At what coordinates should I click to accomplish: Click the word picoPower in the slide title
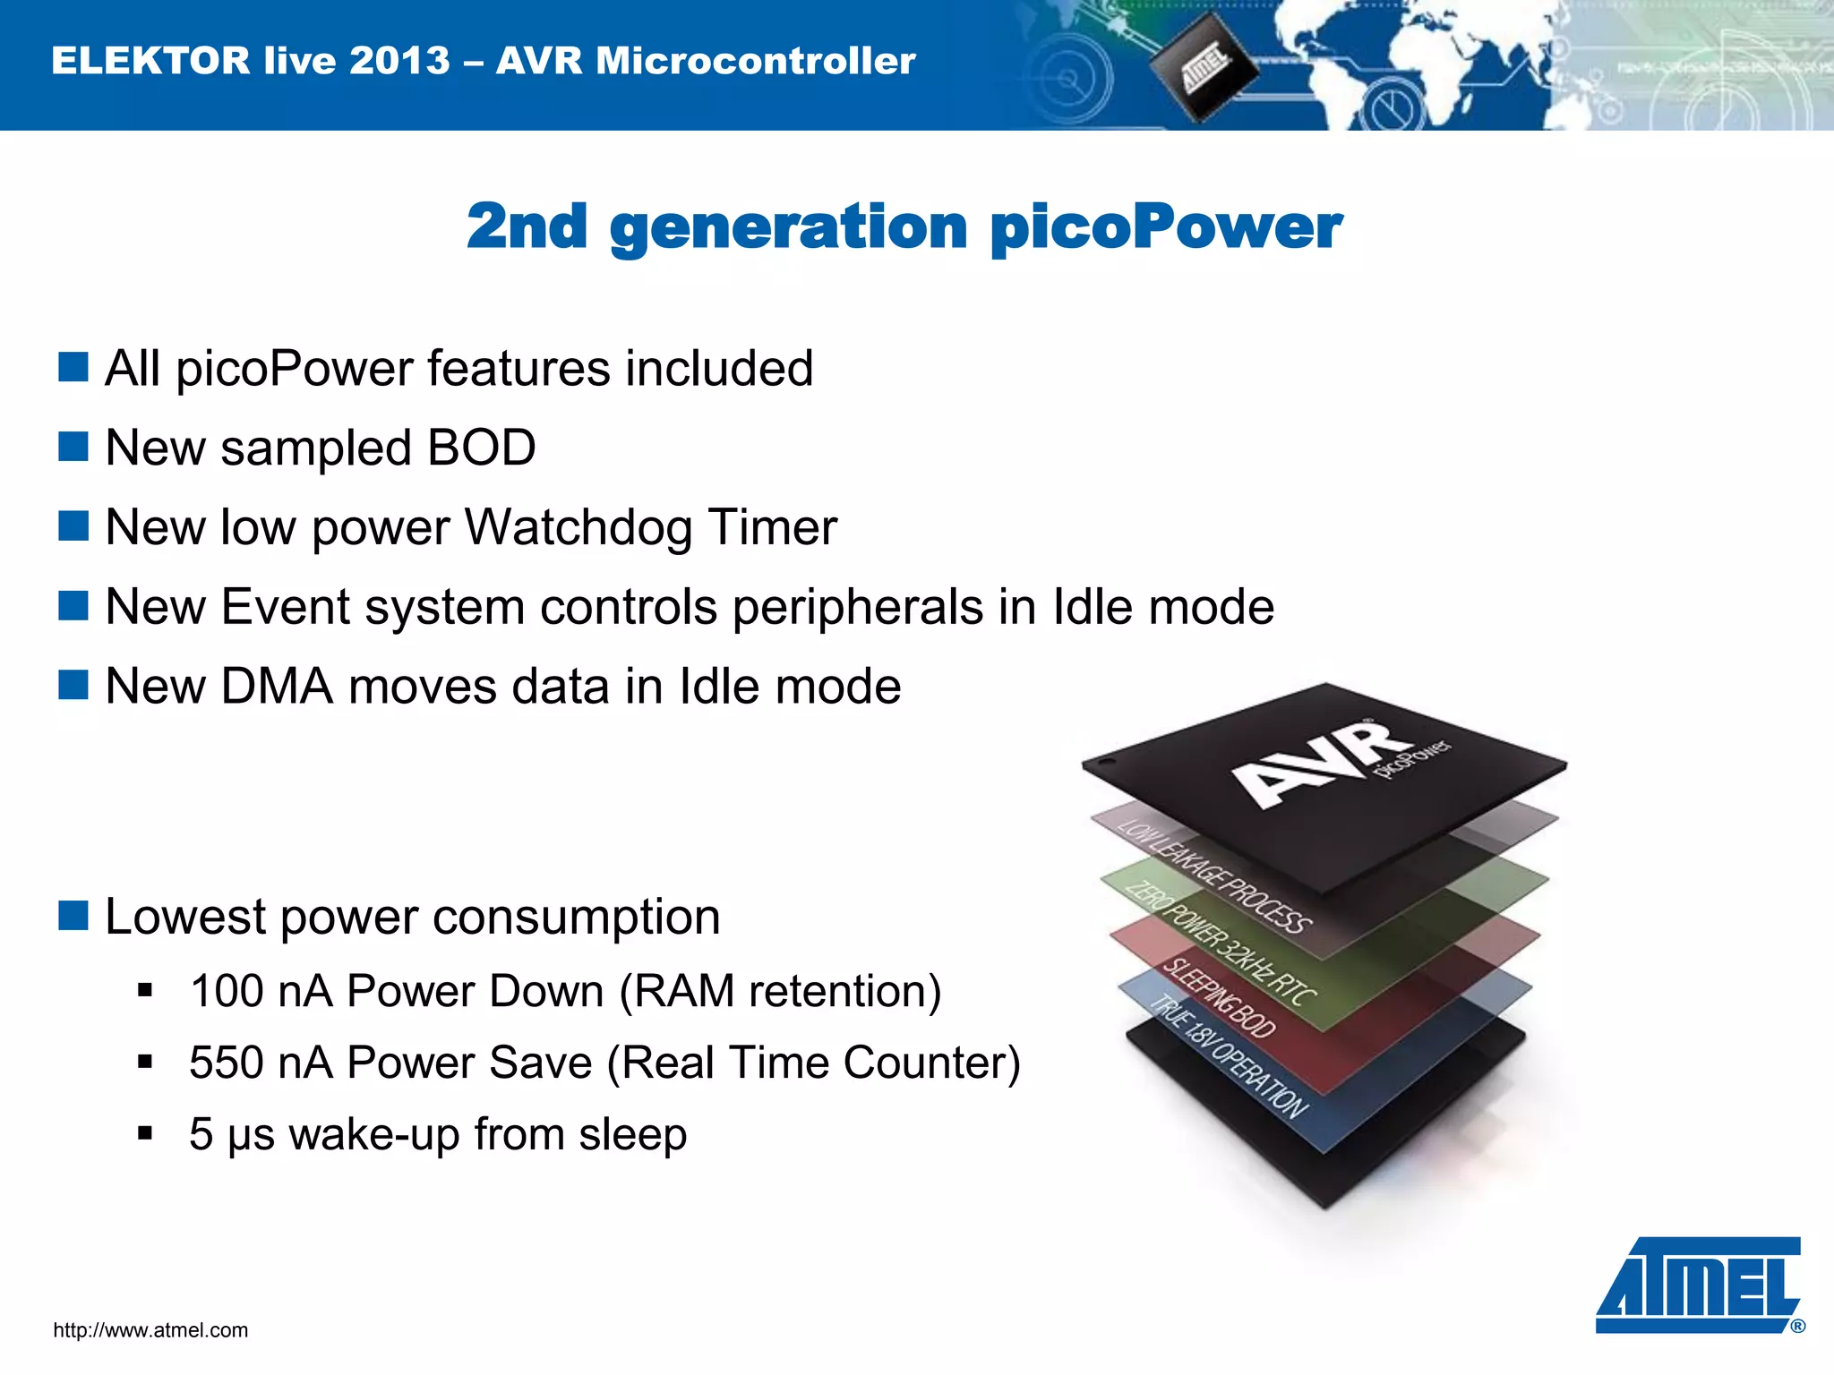pos(1166,228)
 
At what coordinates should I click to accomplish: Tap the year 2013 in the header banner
pos(399,61)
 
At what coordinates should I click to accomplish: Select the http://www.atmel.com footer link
pos(150,1330)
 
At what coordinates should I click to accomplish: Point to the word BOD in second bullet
pos(481,448)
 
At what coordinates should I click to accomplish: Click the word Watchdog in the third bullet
pos(578,527)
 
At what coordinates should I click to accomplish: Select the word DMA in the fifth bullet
pos(277,687)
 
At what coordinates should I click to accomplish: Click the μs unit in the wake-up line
pos(252,1135)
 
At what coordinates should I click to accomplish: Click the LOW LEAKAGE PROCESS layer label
pos(1214,877)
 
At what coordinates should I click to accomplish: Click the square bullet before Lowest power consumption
pos(73,917)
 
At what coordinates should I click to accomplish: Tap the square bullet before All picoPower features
pos(73,367)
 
